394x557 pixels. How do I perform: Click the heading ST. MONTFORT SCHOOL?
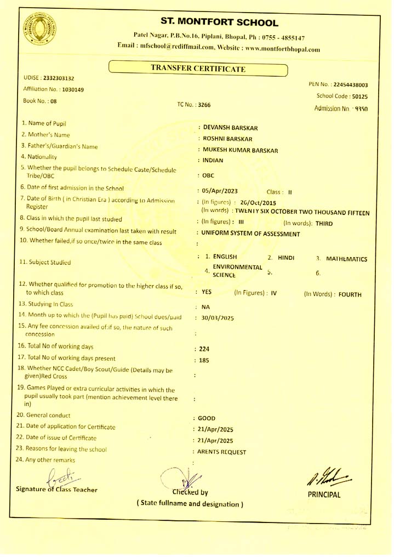point(219,22)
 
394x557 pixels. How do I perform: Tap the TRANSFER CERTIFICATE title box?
point(198,69)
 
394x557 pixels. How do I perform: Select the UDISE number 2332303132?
point(59,78)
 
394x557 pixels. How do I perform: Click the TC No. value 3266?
point(204,104)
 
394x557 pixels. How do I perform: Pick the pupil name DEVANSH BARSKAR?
point(230,128)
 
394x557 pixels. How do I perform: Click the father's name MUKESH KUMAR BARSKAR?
point(240,150)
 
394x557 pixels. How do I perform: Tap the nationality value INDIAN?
point(213,161)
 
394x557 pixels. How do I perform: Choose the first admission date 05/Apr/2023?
point(220,191)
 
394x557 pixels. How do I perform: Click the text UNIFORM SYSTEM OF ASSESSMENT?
point(250,234)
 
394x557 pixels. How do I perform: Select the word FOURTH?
point(350,294)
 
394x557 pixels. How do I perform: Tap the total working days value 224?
point(205,349)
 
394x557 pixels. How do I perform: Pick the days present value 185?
point(205,360)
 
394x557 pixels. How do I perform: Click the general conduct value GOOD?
point(207,418)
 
